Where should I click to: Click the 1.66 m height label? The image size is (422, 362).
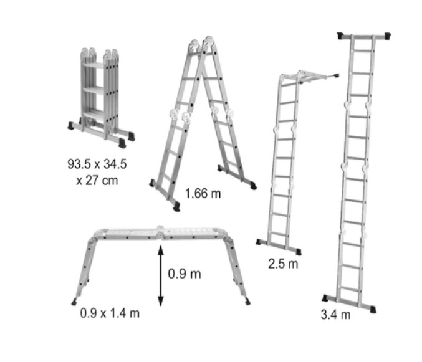click(203, 193)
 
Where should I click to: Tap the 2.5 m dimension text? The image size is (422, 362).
click(283, 264)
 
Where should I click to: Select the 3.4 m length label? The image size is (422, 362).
click(335, 315)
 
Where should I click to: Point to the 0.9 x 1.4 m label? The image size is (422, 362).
click(110, 313)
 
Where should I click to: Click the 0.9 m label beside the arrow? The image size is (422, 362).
click(185, 274)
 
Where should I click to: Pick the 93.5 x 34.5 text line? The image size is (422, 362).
click(97, 164)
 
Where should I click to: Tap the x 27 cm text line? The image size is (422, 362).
click(97, 180)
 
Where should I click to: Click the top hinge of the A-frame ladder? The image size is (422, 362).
click(202, 44)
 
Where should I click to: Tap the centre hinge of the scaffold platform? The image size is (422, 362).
click(160, 232)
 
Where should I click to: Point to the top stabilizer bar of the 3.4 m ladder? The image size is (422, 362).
click(364, 36)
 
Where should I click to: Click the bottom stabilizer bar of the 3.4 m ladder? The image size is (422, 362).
click(349, 303)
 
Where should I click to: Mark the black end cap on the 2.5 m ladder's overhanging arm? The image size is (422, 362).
click(336, 75)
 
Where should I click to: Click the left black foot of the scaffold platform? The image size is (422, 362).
click(74, 302)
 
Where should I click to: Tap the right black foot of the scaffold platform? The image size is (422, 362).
click(247, 301)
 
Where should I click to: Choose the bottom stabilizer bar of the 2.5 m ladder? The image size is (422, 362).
click(279, 247)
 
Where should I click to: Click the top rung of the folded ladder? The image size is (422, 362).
click(94, 65)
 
